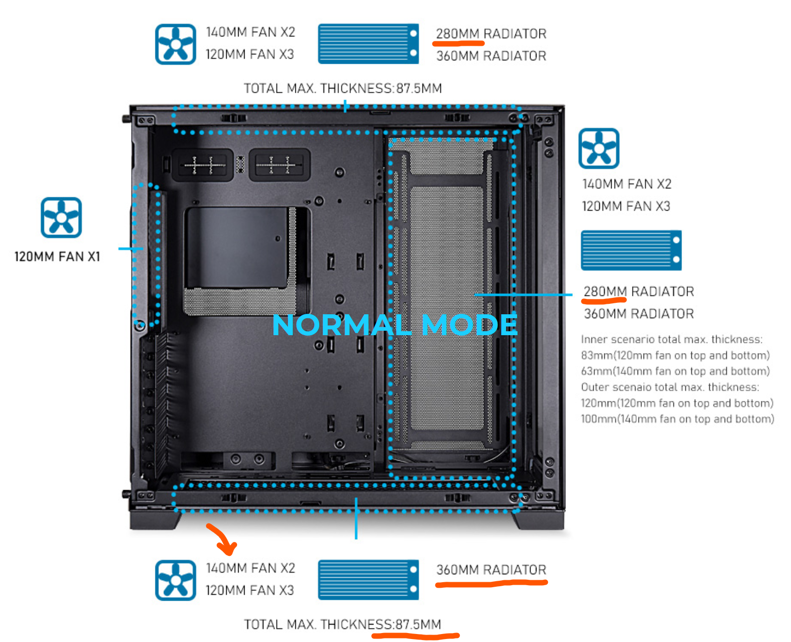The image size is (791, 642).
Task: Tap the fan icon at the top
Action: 175,44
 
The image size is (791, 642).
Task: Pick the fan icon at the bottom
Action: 175,580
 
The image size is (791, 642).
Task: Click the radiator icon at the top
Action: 368,44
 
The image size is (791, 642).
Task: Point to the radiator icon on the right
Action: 631,250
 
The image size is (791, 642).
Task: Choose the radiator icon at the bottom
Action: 368,579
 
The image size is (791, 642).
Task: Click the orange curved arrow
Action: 223,539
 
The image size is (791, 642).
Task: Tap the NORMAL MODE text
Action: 395,325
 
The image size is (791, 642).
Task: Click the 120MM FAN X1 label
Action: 57,256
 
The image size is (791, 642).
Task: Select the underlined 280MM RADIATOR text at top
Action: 491,33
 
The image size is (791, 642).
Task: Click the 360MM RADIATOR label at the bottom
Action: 491,569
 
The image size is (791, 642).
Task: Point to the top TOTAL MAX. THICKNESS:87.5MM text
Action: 342,88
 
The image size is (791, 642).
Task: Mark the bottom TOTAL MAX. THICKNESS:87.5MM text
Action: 342,624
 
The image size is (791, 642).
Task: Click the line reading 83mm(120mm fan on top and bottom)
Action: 675,355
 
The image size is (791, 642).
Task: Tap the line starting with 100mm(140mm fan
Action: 677,419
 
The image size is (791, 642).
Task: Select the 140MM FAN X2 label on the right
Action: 627,184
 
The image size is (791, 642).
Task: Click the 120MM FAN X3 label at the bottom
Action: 250,590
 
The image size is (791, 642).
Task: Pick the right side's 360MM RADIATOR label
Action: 639,313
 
